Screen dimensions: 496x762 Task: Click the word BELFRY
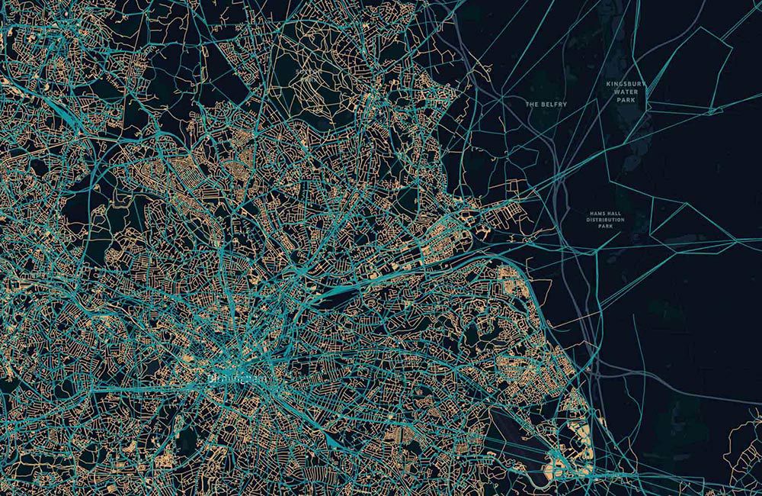[552, 104]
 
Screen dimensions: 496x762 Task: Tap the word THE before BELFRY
[531, 104]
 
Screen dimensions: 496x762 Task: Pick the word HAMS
[597, 213]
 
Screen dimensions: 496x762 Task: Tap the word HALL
[614, 213]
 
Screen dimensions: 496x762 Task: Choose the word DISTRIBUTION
[606, 220]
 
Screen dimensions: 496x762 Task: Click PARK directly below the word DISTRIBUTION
[606, 227]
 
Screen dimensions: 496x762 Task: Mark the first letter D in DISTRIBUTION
[587, 220]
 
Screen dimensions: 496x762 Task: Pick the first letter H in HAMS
[591, 213]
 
